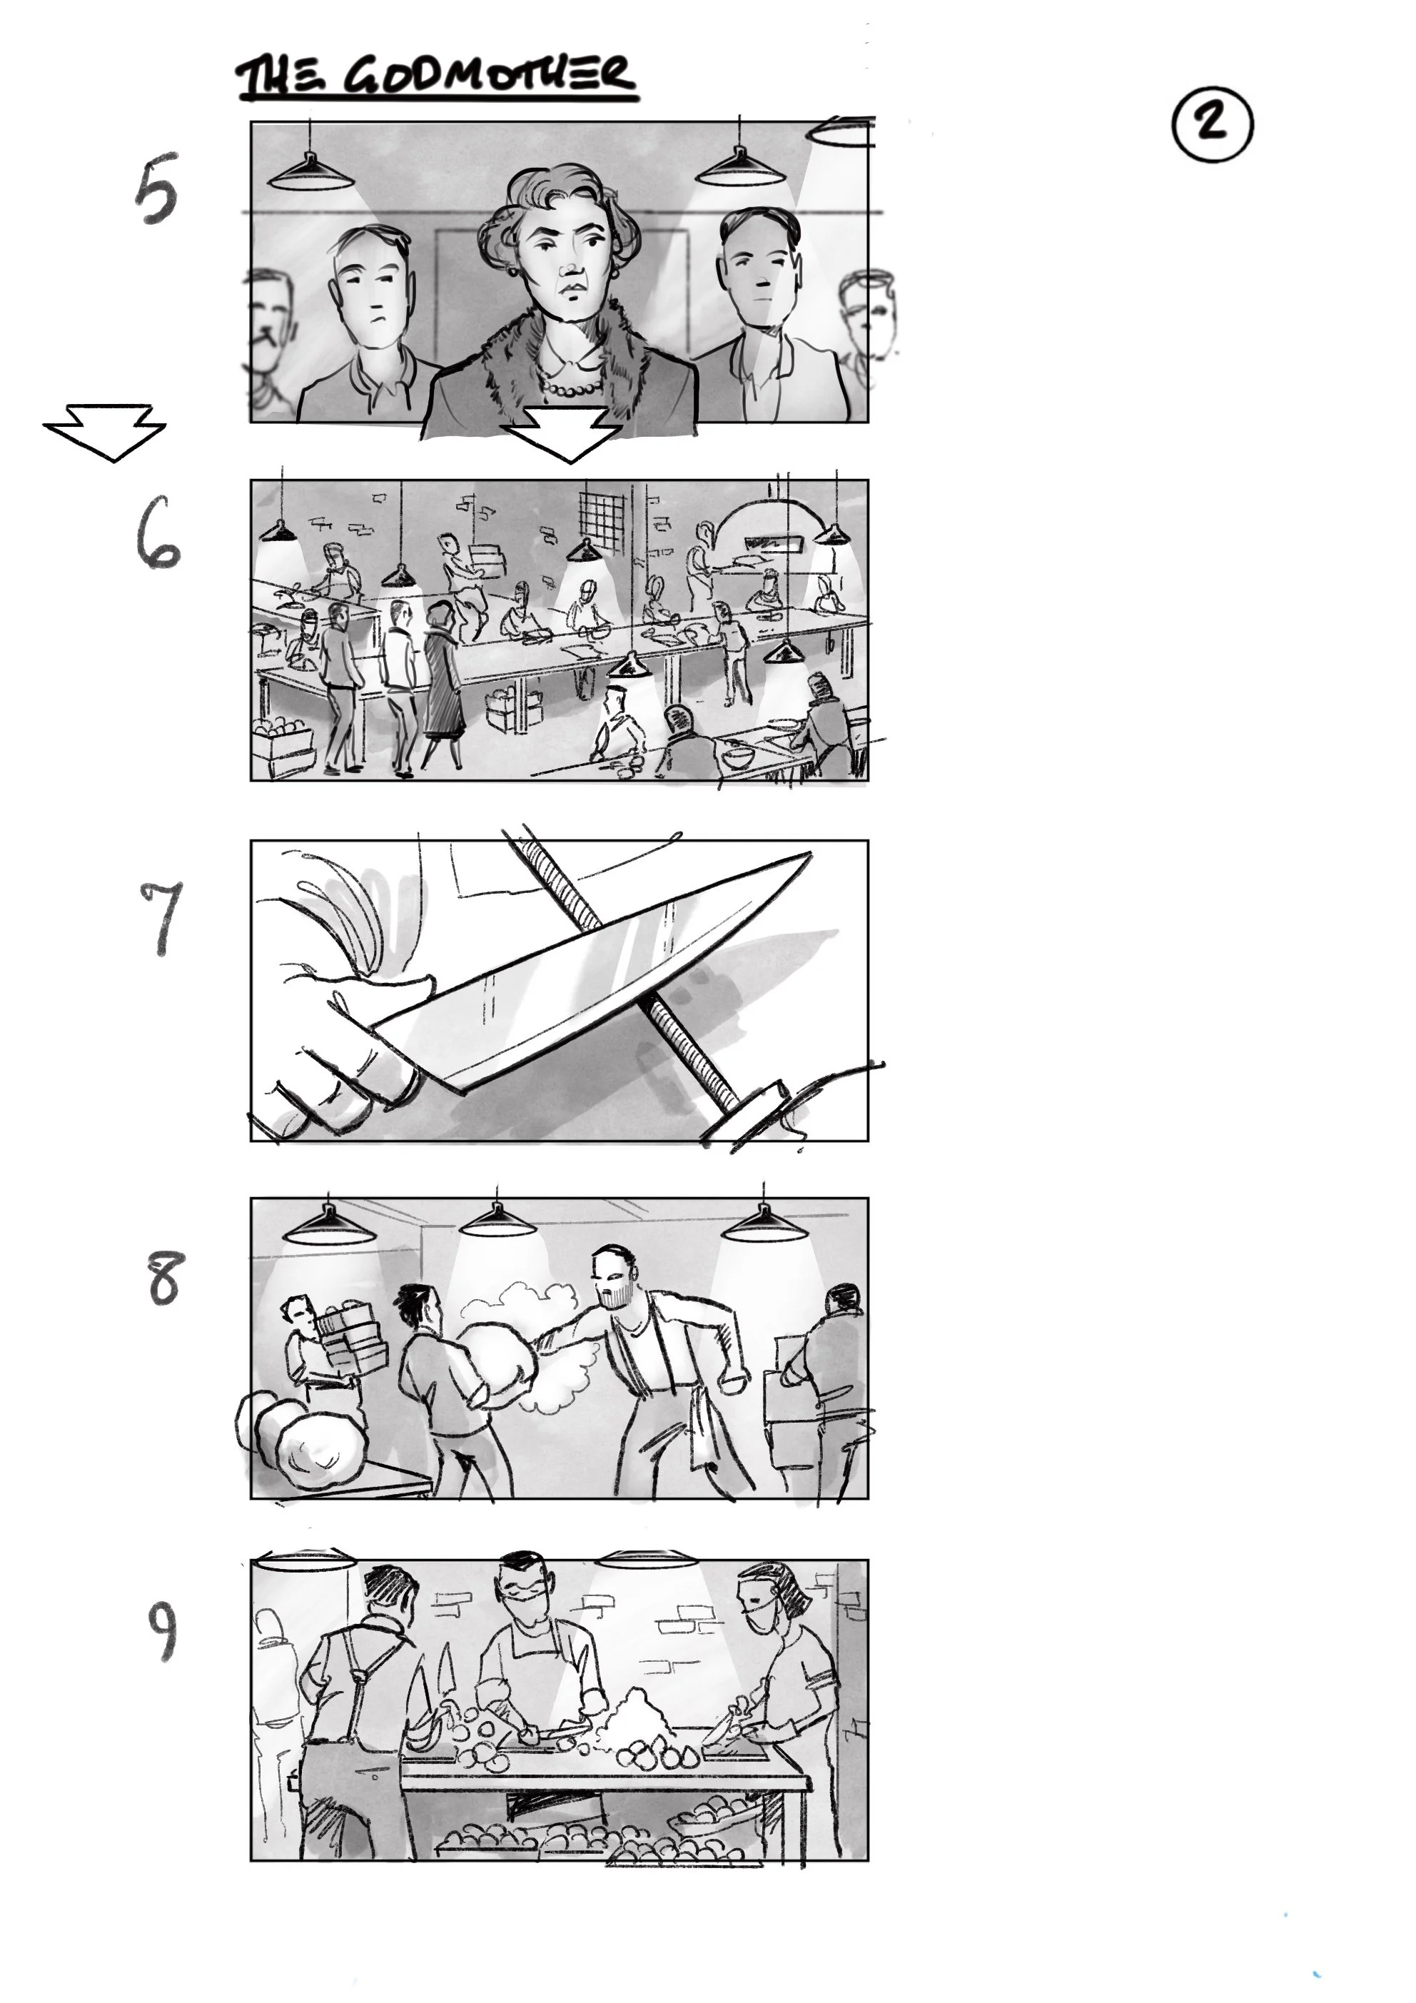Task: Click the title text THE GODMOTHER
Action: click(436, 78)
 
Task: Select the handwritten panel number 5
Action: click(156, 189)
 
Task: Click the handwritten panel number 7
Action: click(161, 916)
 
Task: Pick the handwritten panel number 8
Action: click(165, 1279)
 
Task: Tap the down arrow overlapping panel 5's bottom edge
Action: click(565, 433)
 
